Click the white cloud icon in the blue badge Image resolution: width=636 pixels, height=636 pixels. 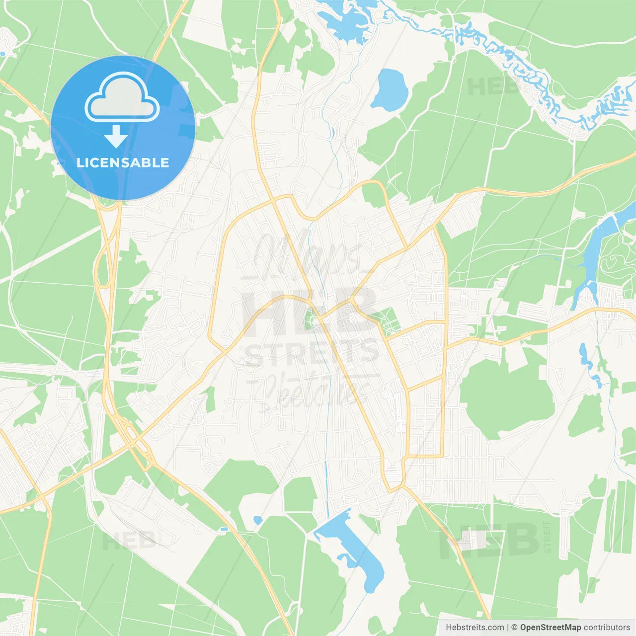(122, 98)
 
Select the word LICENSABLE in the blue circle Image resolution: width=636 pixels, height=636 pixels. (123, 162)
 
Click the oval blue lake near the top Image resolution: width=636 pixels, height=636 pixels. (390, 90)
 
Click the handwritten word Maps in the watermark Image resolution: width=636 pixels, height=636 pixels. (308, 253)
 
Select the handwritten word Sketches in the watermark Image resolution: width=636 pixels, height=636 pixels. (311, 390)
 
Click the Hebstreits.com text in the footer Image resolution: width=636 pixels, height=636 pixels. (475, 628)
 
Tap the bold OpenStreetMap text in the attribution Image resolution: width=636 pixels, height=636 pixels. (550, 628)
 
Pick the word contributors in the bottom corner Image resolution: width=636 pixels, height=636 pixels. (607, 628)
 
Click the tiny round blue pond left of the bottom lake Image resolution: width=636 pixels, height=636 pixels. (257, 520)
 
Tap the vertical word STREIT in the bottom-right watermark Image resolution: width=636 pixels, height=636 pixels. (547, 537)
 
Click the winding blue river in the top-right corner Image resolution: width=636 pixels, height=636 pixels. (527, 75)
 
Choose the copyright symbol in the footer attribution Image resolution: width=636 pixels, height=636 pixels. (514, 628)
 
